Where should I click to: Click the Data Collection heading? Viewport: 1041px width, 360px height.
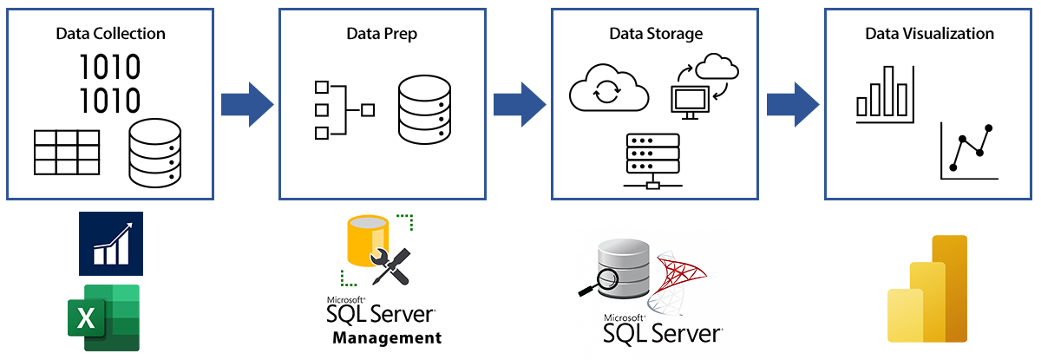click(x=110, y=35)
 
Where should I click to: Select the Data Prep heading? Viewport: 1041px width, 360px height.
click(x=381, y=35)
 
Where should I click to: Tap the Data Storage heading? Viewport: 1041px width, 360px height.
click(x=655, y=35)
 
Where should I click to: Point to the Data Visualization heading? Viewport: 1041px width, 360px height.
click(x=929, y=35)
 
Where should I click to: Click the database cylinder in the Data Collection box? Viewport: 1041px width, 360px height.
click(x=155, y=154)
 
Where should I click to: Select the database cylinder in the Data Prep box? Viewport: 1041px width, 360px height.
click(x=425, y=110)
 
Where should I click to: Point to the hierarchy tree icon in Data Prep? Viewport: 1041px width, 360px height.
click(x=344, y=110)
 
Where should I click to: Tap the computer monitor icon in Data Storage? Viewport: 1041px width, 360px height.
click(x=691, y=99)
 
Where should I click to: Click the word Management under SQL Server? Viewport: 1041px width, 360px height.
click(x=387, y=337)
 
